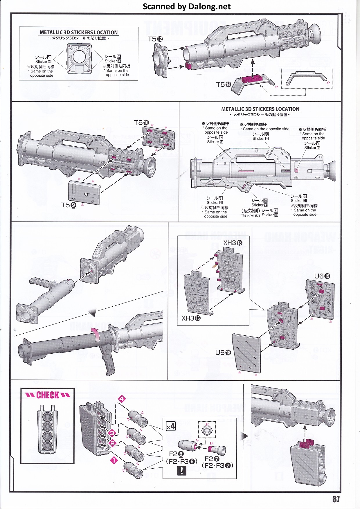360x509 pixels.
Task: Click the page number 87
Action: (336, 499)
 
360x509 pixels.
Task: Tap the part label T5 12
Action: (155, 39)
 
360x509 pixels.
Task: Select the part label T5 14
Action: (224, 84)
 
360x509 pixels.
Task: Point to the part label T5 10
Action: (142, 123)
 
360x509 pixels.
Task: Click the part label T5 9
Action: (69, 205)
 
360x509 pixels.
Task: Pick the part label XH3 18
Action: (233, 243)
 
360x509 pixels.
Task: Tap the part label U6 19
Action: (322, 276)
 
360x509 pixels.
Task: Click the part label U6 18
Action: (223, 352)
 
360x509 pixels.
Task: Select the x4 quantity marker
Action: (171, 426)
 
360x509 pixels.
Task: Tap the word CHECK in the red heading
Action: (48, 395)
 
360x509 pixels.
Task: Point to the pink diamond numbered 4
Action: (122, 399)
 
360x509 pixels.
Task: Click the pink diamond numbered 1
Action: (114, 460)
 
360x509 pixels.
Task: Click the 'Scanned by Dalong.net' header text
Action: (187, 6)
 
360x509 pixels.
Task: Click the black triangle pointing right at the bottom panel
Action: (244, 436)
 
